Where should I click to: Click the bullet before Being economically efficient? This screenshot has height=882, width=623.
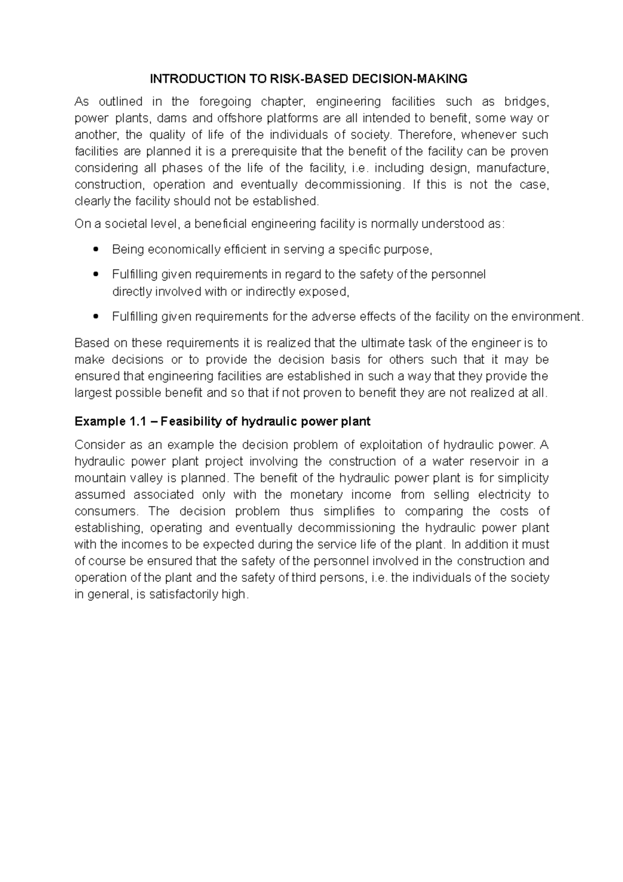tap(94, 250)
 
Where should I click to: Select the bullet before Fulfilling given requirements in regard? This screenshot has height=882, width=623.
tap(94, 274)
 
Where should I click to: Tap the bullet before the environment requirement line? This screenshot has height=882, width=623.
tap(94, 316)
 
